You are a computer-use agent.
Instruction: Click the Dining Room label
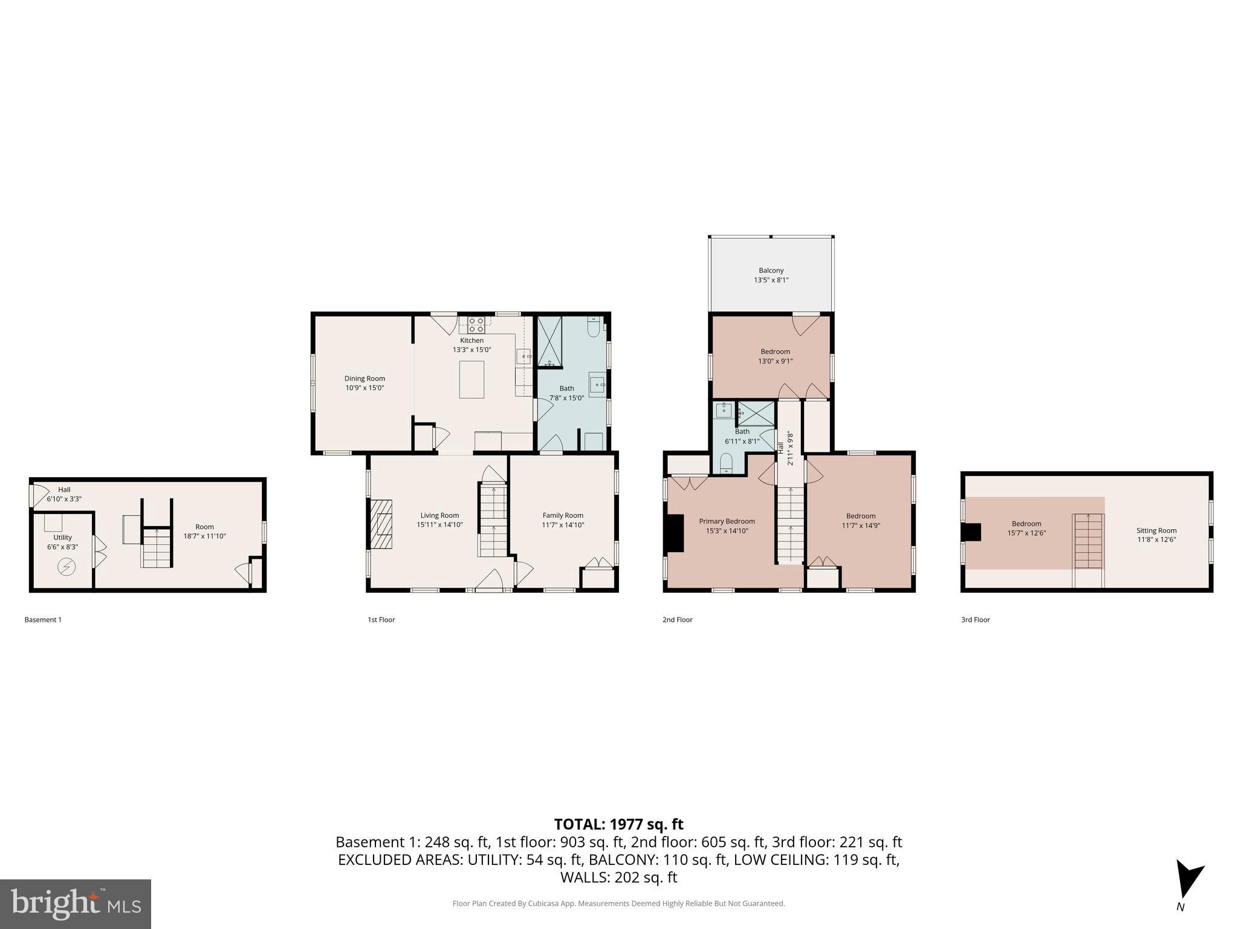(365, 379)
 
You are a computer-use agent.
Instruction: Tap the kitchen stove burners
(476, 325)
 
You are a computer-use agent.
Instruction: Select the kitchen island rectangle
(472, 379)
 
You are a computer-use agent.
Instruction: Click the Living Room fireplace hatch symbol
(381, 524)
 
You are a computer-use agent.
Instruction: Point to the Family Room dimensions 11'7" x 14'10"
(563, 525)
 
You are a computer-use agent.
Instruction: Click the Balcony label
(771, 270)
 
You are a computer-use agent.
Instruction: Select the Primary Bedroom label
(727, 521)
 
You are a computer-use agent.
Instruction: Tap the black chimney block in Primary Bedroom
(674, 533)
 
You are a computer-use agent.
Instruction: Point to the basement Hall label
(64, 490)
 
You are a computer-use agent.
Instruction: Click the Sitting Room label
(1156, 530)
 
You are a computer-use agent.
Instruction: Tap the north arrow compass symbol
(1188, 879)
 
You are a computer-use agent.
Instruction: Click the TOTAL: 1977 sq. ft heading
(618, 824)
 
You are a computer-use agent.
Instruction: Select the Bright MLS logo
(76, 904)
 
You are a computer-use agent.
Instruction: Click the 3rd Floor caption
(975, 619)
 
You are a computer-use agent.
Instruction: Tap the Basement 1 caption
(43, 619)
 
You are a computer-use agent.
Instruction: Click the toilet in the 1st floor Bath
(594, 327)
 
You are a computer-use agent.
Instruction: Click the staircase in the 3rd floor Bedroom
(1088, 541)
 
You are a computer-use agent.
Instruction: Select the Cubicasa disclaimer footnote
(618, 904)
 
